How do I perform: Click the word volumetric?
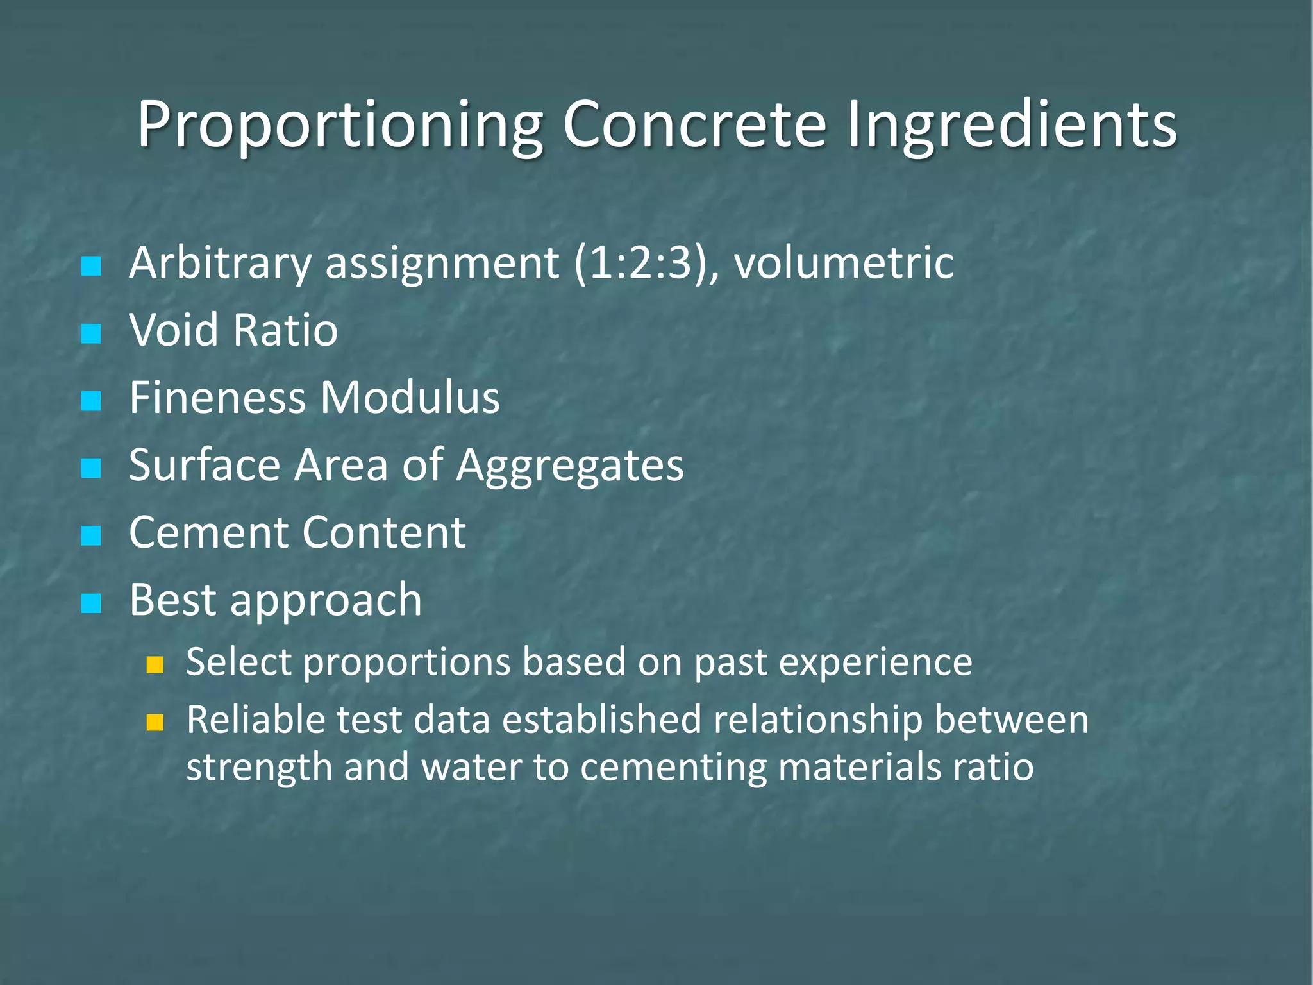[x=844, y=264]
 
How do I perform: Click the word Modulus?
[x=410, y=398]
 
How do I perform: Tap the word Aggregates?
[x=570, y=466]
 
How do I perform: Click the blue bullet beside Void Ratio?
[x=92, y=333]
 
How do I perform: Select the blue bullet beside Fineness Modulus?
[x=92, y=401]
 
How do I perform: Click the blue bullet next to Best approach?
[x=92, y=603]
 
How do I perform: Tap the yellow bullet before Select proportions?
[x=155, y=665]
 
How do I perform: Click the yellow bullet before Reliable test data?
[x=155, y=723]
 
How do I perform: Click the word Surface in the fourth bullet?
[x=205, y=465]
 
